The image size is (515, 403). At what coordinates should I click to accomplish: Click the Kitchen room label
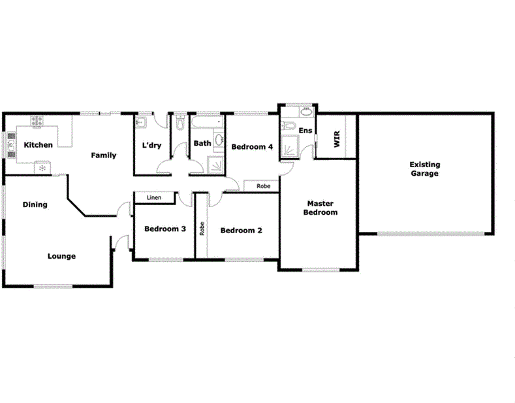tap(38, 145)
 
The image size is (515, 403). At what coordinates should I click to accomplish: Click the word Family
tap(104, 155)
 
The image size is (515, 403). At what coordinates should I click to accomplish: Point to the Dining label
tap(35, 204)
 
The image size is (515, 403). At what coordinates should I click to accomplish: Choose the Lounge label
tap(61, 256)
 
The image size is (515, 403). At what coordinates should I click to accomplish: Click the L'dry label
tap(151, 145)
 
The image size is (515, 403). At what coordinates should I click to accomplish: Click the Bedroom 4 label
tap(252, 147)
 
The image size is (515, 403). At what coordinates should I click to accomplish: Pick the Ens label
tap(305, 131)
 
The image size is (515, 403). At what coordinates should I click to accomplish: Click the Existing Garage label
tap(424, 170)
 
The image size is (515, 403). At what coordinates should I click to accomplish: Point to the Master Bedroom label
tap(321, 208)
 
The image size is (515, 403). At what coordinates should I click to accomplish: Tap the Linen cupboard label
tap(154, 197)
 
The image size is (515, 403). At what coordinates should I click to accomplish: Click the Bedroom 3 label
tap(165, 229)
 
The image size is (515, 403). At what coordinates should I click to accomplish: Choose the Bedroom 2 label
tap(242, 231)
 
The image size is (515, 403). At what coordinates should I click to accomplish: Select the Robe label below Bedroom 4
tap(263, 186)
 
